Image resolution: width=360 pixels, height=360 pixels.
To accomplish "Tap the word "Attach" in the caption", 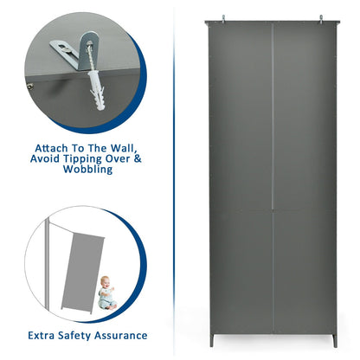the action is [x=51, y=148].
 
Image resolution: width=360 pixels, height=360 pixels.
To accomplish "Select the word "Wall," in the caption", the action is [x=123, y=149].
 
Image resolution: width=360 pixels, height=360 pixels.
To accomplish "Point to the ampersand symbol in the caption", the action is [x=138, y=159].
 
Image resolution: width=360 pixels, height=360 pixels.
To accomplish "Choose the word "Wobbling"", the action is [x=87, y=170].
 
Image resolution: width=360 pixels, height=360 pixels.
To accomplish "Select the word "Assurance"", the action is [x=121, y=336].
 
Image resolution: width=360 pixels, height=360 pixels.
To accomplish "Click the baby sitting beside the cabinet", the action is [x=106, y=292].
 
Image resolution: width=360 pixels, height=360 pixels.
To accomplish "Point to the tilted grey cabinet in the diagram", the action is [x=82, y=273].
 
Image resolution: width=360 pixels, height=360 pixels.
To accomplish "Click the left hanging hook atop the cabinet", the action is [x=223, y=18].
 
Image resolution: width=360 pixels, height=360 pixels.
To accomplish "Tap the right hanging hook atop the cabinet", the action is [x=321, y=18].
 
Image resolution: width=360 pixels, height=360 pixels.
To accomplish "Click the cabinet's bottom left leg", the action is [x=212, y=340].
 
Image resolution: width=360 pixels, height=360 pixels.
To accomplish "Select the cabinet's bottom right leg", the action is [x=335, y=341].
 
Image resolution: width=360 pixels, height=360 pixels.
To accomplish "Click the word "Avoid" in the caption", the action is [x=45, y=159].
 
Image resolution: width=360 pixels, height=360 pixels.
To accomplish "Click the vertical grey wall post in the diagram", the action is [x=46, y=263].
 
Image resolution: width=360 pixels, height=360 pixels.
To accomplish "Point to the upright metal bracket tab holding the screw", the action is [x=87, y=49].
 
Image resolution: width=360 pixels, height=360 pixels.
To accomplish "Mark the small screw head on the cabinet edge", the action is [x=29, y=86].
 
